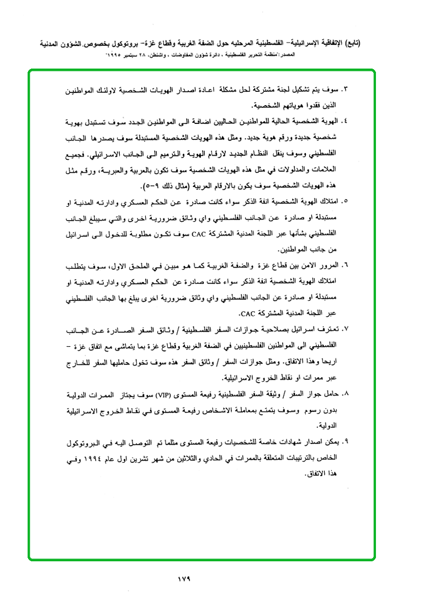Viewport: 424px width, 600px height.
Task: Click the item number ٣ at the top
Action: (x=346, y=89)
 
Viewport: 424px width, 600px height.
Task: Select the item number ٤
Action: (x=346, y=120)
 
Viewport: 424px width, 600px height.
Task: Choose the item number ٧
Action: (x=346, y=330)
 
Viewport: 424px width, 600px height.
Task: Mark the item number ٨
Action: (x=346, y=394)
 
